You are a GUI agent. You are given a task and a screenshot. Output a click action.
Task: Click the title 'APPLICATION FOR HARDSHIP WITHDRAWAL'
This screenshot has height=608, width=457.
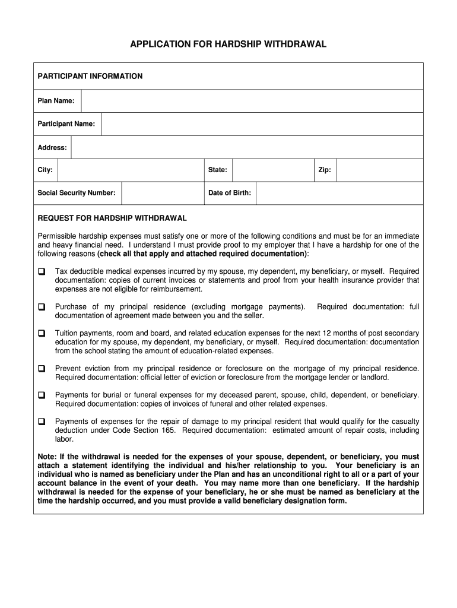pos(228,45)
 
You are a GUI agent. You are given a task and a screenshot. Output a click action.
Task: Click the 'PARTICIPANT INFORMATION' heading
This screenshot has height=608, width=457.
pos(90,77)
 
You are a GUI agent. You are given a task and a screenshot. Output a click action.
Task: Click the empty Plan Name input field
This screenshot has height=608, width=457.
pos(252,101)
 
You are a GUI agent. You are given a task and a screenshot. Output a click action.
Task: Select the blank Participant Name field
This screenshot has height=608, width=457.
pos(262,124)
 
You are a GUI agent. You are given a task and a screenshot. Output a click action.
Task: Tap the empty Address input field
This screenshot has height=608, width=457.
pos(247,147)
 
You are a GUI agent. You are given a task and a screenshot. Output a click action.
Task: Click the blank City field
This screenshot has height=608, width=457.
pos(131,170)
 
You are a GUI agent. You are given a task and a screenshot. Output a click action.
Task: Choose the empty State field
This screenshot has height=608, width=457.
pos(273,170)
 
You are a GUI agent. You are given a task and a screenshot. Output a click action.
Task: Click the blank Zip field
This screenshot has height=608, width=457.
pos(380,170)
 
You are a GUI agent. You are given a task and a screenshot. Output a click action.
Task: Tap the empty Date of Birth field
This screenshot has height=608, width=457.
pos(339,193)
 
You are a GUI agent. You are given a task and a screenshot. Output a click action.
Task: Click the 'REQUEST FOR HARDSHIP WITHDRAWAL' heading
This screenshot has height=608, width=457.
pos(112,218)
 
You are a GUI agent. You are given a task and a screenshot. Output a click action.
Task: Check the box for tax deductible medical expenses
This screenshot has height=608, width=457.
pos(42,271)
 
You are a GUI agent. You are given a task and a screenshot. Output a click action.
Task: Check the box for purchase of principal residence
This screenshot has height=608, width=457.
pos(42,307)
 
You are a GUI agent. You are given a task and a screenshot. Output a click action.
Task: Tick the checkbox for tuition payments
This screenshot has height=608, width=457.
pos(42,334)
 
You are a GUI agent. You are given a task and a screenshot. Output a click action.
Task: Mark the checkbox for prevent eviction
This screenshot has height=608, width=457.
pos(42,369)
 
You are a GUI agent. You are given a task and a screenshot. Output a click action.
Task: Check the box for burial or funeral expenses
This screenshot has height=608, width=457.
pos(42,395)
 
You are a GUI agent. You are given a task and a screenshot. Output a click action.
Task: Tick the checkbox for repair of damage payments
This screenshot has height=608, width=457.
pos(42,422)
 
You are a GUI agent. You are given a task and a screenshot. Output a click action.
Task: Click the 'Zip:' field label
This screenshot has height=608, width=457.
pos(325,170)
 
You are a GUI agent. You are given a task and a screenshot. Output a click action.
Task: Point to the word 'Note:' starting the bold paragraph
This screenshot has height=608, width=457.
pos(47,457)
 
